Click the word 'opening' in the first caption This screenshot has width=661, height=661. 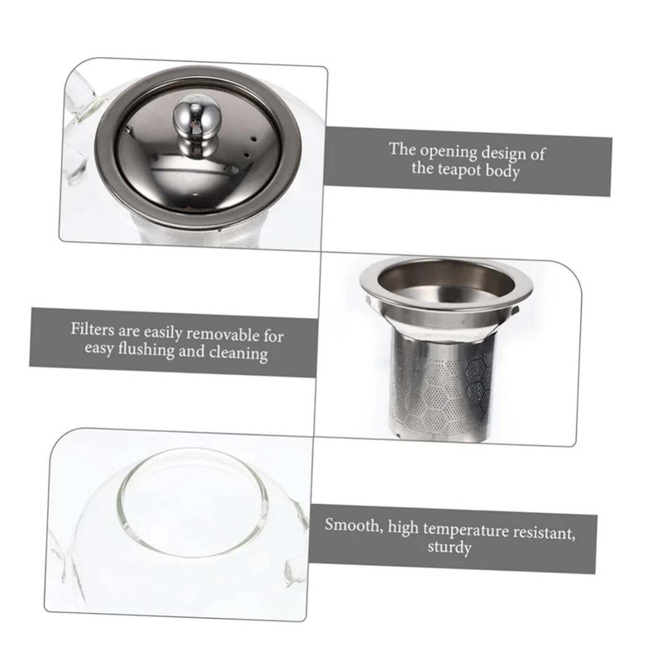447,152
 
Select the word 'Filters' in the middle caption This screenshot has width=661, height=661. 93,329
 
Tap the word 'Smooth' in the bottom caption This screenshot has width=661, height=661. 354,525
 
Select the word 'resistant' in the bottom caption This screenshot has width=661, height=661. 544,533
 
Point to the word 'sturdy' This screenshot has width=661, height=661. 449,548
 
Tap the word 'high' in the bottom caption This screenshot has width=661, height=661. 403,528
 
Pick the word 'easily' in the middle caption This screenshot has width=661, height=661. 162,333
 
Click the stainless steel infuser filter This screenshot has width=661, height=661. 446,350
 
